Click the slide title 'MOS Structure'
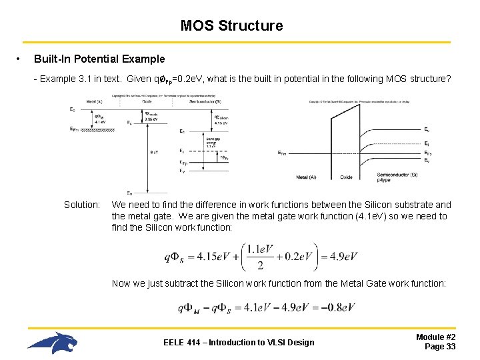click(x=231, y=26)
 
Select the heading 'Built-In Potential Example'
click(x=99, y=59)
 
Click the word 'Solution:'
click(x=82, y=205)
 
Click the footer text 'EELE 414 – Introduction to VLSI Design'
click(x=239, y=343)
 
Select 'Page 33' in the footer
click(x=440, y=347)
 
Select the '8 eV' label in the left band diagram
click(x=154, y=152)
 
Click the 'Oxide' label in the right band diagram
click(x=347, y=177)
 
